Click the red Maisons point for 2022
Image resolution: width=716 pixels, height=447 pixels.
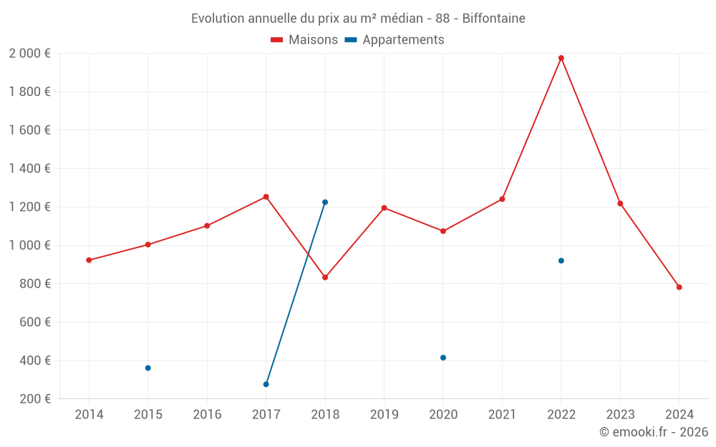click(x=561, y=58)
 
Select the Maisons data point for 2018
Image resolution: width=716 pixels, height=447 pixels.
click(x=325, y=277)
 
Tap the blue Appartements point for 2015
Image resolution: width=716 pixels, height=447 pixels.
click(x=148, y=368)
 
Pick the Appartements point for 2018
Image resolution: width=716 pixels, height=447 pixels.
click(x=325, y=202)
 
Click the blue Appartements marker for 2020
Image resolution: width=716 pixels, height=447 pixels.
click(x=443, y=358)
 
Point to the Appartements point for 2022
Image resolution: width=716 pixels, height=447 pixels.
click(x=561, y=261)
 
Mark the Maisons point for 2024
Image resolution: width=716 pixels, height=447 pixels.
click(x=679, y=288)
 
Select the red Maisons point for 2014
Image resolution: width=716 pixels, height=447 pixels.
click(x=89, y=260)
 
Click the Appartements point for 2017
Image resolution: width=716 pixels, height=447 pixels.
click(x=266, y=385)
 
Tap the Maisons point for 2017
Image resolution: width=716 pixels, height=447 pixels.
click(x=266, y=197)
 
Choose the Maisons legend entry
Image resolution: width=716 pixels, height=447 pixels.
click(x=304, y=40)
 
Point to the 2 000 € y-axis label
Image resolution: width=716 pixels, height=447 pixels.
click(x=29, y=54)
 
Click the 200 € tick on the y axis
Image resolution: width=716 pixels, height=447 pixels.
click(x=35, y=399)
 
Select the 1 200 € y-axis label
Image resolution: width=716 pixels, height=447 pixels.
click(x=29, y=207)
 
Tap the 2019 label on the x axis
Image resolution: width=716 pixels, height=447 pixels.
click(x=384, y=415)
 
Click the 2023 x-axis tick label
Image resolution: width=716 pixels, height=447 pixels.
click(x=620, y=415)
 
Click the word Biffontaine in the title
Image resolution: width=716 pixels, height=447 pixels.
click(x=493, y=19)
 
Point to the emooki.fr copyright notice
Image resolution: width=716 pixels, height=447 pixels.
click(x=653, y=432)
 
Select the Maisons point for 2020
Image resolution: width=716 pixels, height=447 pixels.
click(x=443, y=231)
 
